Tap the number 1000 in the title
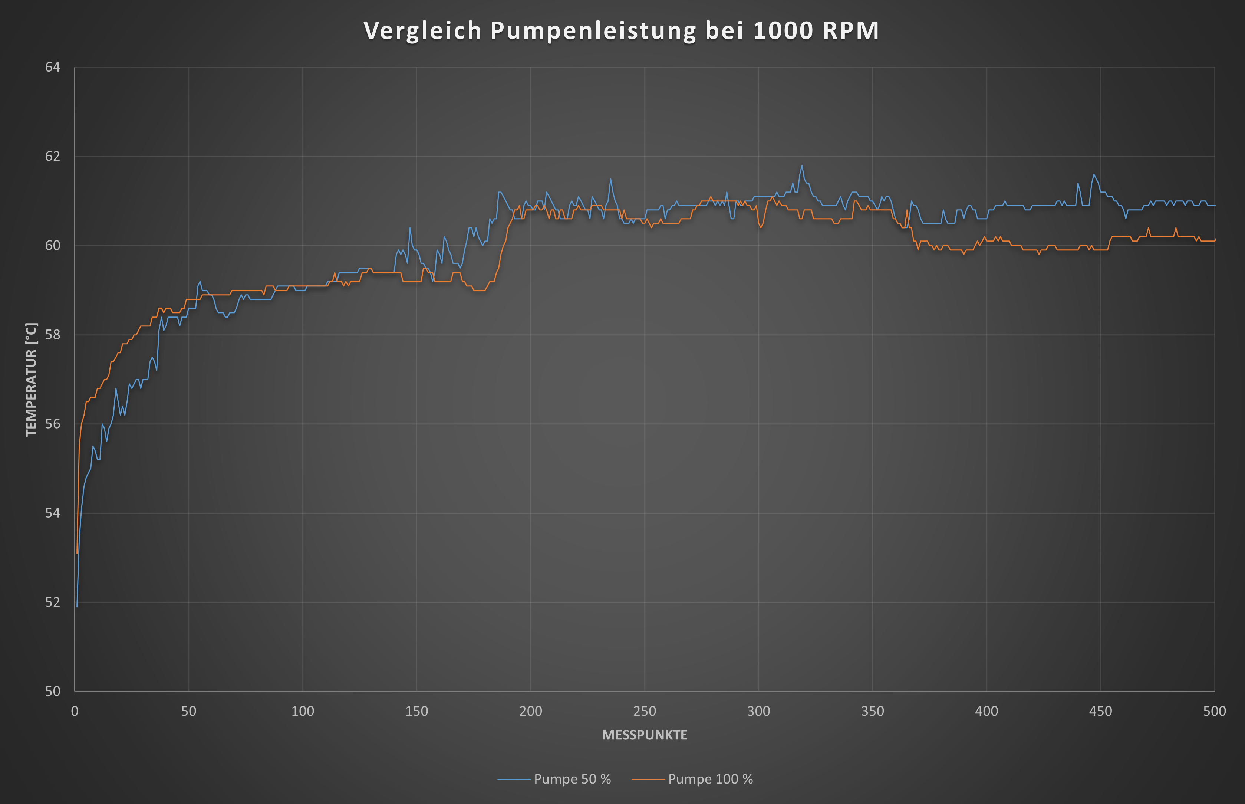point(784,31)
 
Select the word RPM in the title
point(851,31)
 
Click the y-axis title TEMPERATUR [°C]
point(31,380)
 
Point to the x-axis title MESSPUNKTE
point(645,735)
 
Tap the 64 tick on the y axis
point(53,68)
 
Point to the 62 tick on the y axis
point(53,156)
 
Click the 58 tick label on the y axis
point(53,335)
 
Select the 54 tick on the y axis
point(53,513)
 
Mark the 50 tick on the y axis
point(53,691)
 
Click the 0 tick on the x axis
point(75,711)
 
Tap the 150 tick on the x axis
point(416,711)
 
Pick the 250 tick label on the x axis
point(645,711)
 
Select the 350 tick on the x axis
point(872,711)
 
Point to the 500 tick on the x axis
point(1214,711)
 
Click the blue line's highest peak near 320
point(802,166)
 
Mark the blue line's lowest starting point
point(77,606)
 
